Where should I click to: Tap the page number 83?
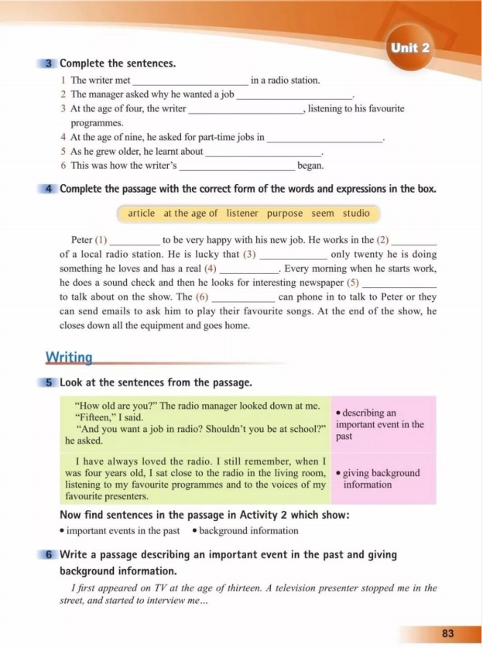pyautogui.click(x=447, y=633)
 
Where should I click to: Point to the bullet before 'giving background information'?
pyautogui.click(x=338, y=473)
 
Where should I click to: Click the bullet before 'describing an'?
pyautogui.click(x=338, y=413)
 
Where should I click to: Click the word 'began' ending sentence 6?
pyautogui.click(x=310, y=166)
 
